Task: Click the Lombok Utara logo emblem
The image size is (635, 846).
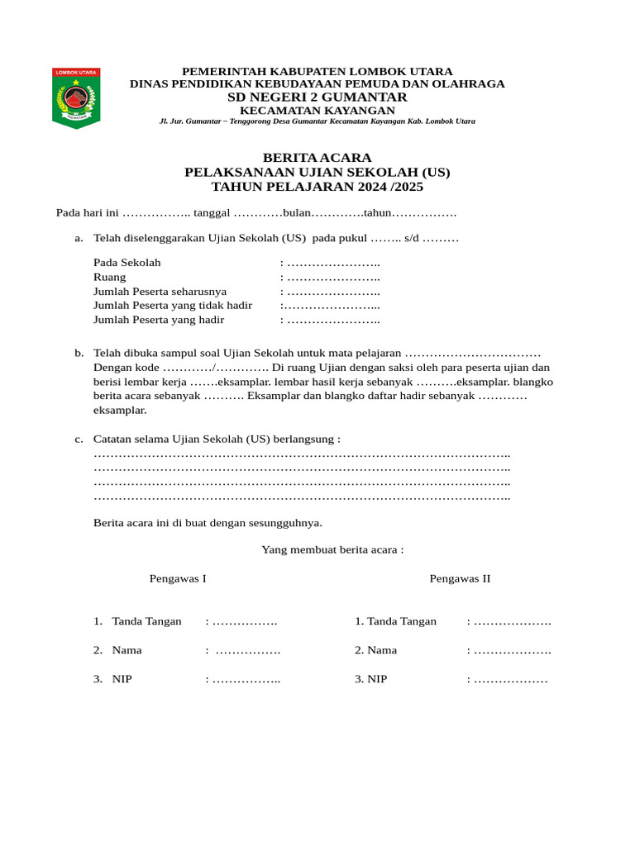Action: click(76, 97)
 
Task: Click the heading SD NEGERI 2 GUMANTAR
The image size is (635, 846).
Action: click(317, 97)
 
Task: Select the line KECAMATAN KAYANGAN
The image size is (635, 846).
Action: click(317, 111)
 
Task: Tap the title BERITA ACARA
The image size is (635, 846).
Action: click(317, 158)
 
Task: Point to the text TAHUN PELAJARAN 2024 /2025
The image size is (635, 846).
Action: click(317, 187)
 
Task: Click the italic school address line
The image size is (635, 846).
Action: click(317, 121)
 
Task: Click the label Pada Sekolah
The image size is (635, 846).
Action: click(127, 263)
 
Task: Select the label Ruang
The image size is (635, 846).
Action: click(110, 278)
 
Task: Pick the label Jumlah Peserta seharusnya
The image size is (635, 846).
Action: click(160, 292)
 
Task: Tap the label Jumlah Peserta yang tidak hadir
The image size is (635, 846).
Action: click(173, 306)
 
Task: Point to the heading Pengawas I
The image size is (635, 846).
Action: click(178, 578)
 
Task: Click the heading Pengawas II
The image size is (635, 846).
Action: click(460, 578)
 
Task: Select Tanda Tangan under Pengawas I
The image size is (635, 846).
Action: click(146, 621)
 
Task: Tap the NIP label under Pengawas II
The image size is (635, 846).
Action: click(377, 679)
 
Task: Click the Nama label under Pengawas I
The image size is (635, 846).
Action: click(127, 650)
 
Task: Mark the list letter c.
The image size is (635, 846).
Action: click(79, 439)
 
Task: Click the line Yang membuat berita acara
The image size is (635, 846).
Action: click(332, 549)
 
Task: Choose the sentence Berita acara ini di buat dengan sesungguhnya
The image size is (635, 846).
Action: click(208, 523)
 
